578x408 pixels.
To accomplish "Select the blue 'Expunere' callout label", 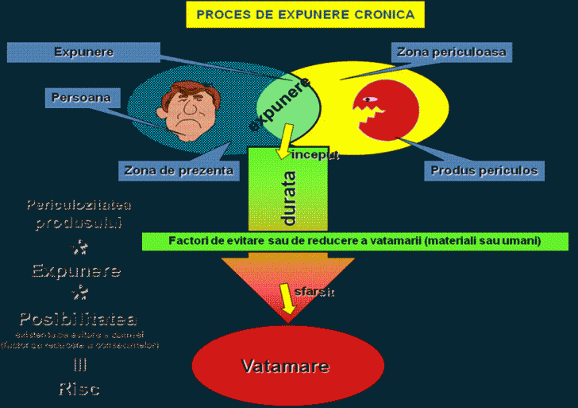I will coord(83,52).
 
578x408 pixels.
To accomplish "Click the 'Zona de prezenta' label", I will coord(179,169).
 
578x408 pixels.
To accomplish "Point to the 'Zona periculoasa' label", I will coord(451,52).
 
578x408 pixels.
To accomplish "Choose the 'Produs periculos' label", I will coord(484,170).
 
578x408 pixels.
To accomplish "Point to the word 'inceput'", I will coord(315,155).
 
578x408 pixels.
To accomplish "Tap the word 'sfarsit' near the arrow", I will coord(314,292).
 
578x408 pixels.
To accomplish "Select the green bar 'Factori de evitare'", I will coord(355,241).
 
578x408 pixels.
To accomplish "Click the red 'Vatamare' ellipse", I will coord(284,366).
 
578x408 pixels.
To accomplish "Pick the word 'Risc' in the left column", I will coord(79,389).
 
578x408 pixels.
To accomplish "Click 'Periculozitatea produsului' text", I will coord(79,214).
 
